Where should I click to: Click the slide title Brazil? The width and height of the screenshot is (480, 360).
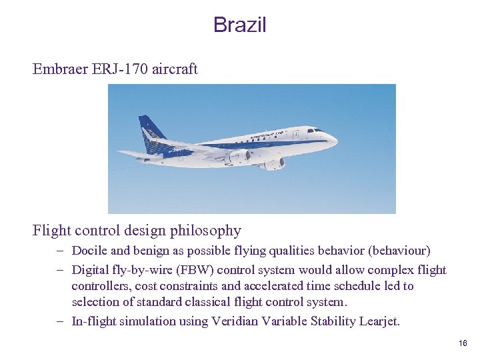(239, 25)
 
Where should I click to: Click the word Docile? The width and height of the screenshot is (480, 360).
(89, 251)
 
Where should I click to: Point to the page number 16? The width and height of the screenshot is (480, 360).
(463, 343)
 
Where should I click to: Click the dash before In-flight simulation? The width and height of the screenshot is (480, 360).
(59, 321)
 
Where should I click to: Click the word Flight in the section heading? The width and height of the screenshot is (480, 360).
(52, 231)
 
